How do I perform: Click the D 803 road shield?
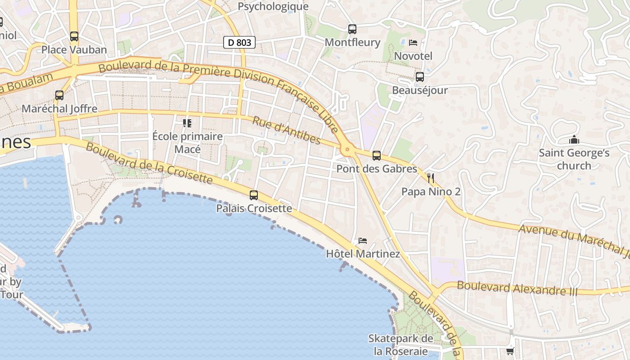click(x=239, y=43)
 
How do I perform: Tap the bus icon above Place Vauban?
click(x=74, y=36)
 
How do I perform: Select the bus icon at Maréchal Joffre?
click(x=59, y=95)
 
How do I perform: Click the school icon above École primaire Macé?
click(x=187, y=123)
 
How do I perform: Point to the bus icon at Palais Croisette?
click(x=254, y=195)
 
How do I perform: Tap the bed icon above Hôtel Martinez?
click(x=363, y=241)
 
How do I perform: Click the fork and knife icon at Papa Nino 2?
click(x=431, y=178)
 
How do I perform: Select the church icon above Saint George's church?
click(x=574, y=139)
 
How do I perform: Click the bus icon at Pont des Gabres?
click(x=377, y=156)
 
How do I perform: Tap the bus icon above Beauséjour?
click(x=420, y=77)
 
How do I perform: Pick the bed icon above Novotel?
click(x=413, y=43)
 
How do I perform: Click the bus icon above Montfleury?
click(x=352, y=29)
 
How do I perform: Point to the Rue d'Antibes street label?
click(x=286, y=131)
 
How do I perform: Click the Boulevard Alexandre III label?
click(x=517, y=288)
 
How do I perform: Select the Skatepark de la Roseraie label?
click(x=400, y=344)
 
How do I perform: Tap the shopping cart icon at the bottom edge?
click(x=510, y=351)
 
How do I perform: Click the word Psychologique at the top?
click(x=273, y=6)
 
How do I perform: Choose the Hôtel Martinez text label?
click(x=363, y=254)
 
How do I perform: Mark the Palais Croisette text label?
click(x=254, y=209)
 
